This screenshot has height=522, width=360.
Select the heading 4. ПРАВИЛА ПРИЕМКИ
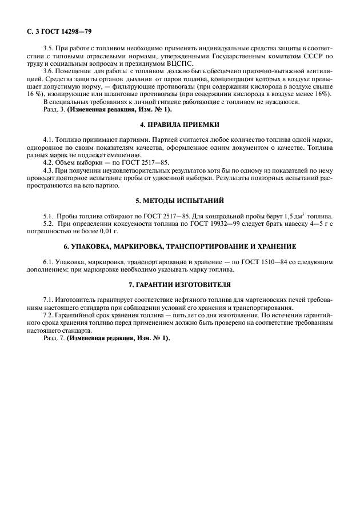click(179, 125)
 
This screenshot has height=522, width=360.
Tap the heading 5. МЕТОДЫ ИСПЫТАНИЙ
click(179, 200)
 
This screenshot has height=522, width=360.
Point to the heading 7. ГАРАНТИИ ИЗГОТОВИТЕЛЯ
click(179, 284)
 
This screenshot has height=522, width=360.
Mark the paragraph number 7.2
click(49, 315)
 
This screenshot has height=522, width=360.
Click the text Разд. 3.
click(54, 109)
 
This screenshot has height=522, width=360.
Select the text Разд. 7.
click(54, 337)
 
